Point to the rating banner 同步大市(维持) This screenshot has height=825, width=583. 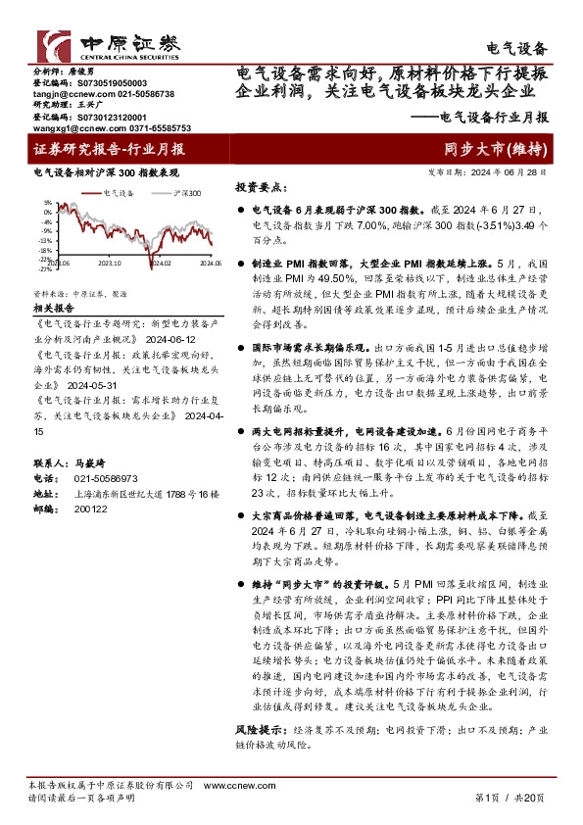(494, 150)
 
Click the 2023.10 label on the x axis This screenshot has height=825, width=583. (111, 262)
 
